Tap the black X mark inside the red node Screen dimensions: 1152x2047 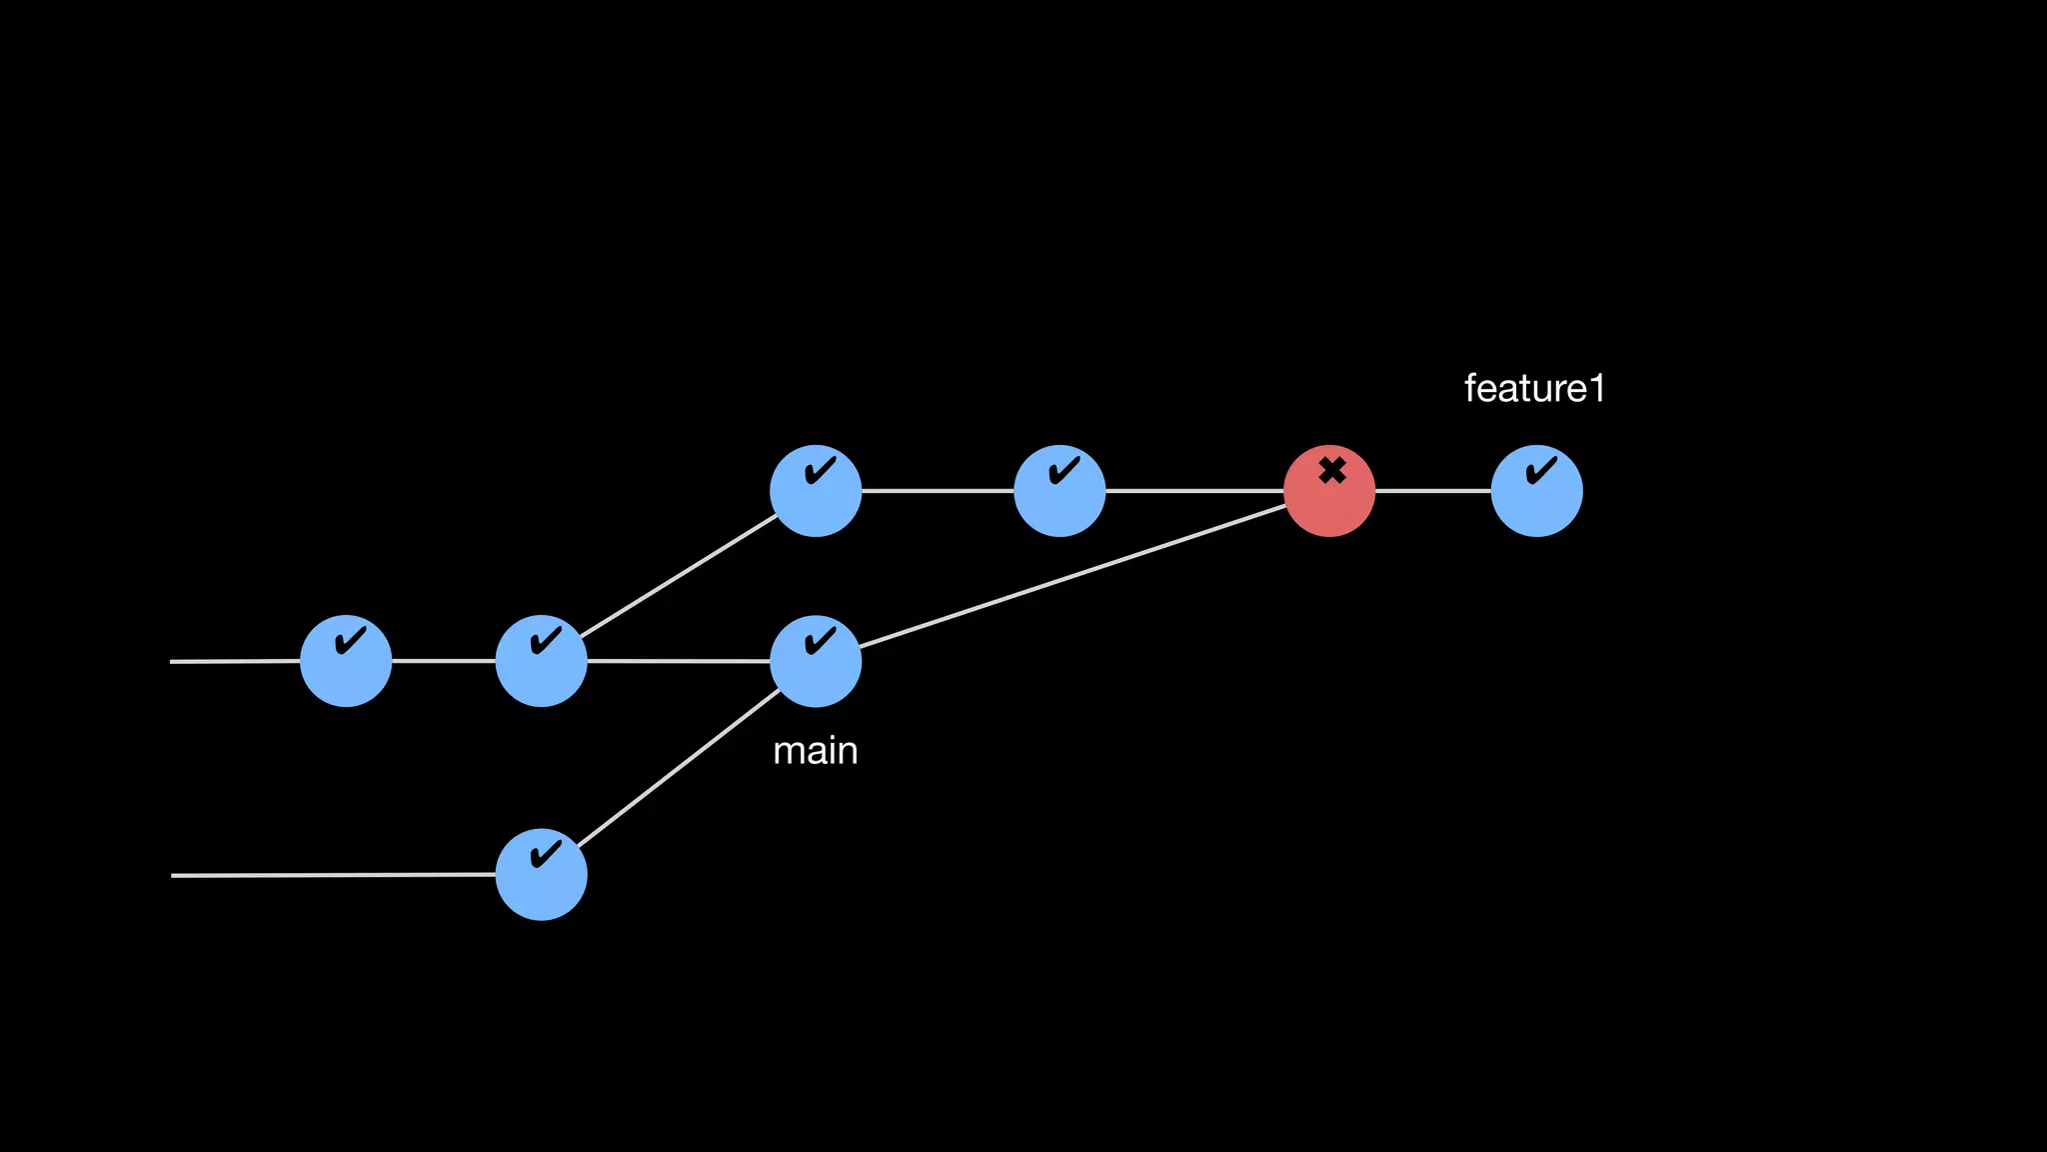(1331, 470)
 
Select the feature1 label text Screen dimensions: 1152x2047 (1533, 388)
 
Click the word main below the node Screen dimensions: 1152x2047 (815, 751)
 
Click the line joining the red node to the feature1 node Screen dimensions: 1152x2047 (1432, 491)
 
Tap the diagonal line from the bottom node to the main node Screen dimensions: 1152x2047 (680, 767)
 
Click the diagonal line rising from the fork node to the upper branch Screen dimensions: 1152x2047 (680, 576)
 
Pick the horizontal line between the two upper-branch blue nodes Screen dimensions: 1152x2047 (938, 491)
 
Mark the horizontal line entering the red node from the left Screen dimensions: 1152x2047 (1194, 491)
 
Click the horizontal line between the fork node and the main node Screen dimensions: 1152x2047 (679, 661)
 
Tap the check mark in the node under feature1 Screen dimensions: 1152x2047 (1541, 469)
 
